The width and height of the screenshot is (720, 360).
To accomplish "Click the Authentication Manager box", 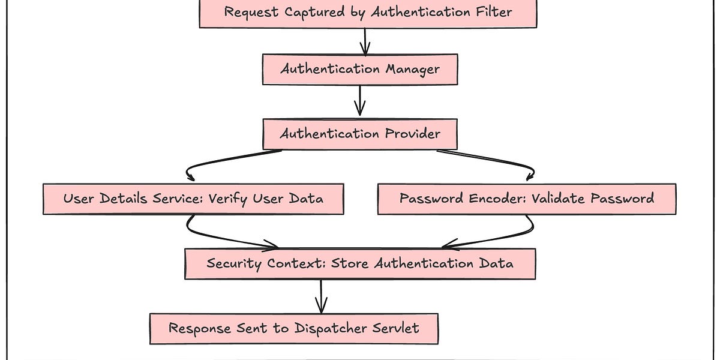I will pyautogui.click(x=360, y=69).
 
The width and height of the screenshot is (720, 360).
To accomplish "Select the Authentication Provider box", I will pyautogui.click(x=360, y=134).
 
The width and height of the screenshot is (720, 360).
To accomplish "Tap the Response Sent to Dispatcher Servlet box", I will pyautogui.click(x=293, y=328).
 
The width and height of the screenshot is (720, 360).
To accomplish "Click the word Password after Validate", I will pyautogui.click(x=620, y=199).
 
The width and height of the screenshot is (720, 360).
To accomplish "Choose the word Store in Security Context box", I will pyautogui.click(x=351, y=263).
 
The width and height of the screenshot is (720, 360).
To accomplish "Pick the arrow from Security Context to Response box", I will pyautogui.click(x=321, y=295).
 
